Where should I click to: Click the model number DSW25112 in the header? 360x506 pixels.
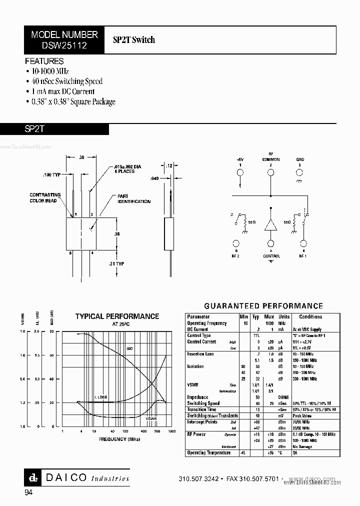pyautogui.click(x=64, y=45)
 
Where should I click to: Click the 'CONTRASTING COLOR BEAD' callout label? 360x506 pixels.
pyautogui.click(x=45, y=197)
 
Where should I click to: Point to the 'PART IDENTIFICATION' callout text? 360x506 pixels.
pyautogui.click(x=133, y=199)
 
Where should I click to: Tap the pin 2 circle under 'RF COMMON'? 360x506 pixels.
pyautogui.click(x=270, y=173)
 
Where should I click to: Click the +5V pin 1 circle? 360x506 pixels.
pyautogui.click(x=239, y=173)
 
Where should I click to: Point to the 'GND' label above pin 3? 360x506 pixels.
pyautogui.click(x=300, y=159)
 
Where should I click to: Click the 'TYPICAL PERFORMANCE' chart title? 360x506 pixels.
pyautogui.click(x=117, y=316)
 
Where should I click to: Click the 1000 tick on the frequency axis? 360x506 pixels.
pyautogui.click(x=172, y=431)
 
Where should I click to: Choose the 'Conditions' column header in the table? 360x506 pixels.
pyautogui.click(x=310, y=316)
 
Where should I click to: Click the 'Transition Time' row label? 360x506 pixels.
pyautogui.click(x=201, y=409)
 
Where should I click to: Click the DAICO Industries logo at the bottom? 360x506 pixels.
pyautogui.click(x=77, y=477)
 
